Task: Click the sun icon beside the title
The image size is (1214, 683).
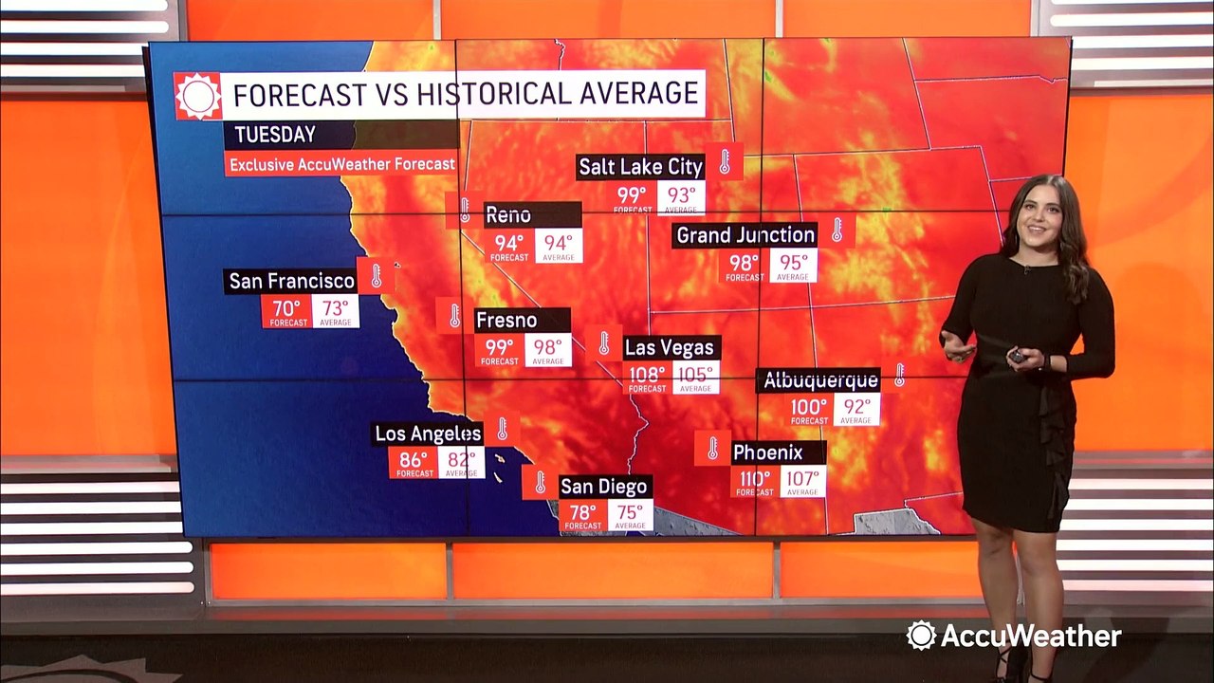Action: click(198, 95)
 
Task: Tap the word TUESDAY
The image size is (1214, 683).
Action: click(270, 135)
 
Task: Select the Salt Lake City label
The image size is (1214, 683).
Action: click(641, 167)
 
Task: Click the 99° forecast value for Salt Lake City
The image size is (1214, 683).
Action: click(632, 198)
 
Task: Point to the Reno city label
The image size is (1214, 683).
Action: click(508, 215)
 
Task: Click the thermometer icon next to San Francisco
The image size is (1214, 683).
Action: click(376, 276)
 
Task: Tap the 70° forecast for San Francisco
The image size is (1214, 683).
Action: click(286, 312)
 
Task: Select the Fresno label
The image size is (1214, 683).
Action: click(506, 321)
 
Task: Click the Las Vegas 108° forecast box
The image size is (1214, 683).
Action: click(648, 377)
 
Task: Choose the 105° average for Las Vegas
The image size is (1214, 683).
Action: click(695, 377)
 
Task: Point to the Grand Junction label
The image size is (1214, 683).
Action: click(745, 234)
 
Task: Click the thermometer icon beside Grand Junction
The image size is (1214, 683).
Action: click(837, 231)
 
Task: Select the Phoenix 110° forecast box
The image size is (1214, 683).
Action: click(755, 481)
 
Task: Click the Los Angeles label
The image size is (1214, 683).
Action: click(428, 434)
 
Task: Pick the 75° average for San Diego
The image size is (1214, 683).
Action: click(630, 515)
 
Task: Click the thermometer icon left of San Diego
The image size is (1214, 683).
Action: click(540, 483)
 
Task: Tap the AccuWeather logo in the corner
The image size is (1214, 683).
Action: click(1014, 636)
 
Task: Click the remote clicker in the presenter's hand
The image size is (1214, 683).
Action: click(1016, 356)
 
